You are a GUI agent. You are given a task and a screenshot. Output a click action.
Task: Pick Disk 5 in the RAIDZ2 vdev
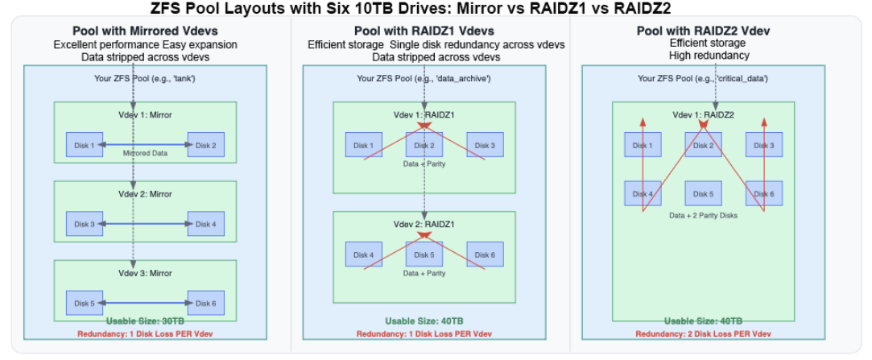704,194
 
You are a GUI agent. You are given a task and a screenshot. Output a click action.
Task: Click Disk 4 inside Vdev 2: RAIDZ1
364,255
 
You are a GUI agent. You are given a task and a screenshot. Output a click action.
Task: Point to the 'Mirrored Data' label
145,154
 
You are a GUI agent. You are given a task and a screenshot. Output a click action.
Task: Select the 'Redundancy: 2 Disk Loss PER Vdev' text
703,333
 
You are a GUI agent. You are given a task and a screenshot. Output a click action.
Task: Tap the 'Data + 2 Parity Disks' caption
703,216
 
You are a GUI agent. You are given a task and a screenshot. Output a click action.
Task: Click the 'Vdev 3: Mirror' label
145,273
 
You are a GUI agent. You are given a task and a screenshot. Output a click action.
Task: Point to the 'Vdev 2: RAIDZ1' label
424,224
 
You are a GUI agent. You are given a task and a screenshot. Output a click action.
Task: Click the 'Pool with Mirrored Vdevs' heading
145,31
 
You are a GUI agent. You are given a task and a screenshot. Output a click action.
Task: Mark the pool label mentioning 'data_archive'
424,78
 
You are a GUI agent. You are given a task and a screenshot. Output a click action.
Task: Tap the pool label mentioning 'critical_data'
703,78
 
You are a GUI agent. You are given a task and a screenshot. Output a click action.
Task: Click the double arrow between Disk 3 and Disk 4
145,224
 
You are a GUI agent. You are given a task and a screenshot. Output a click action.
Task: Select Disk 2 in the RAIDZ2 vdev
704,145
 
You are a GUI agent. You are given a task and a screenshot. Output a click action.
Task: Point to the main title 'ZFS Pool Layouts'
435,9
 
